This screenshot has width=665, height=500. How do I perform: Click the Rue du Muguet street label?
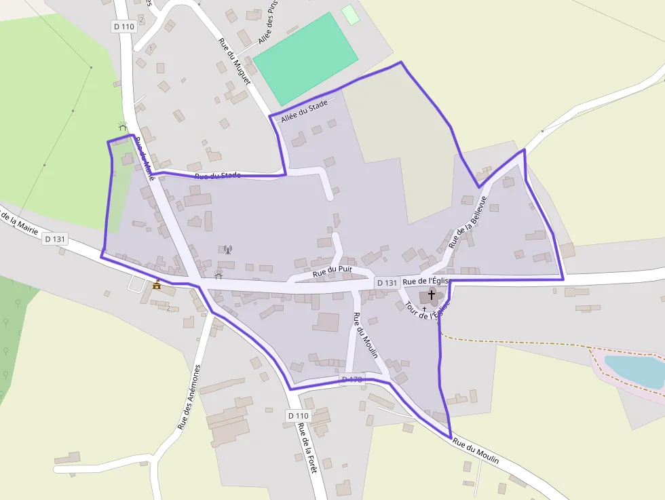[x=234, y=61]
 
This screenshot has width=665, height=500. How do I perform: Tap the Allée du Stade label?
[x=304, y=111]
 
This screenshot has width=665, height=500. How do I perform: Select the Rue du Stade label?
[x=218, y=176]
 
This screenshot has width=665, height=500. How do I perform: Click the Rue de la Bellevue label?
[x=468, y=222]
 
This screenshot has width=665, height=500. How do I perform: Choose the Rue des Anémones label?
[x=189, y=397]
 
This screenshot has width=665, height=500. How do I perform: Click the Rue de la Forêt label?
[x=307, y=451]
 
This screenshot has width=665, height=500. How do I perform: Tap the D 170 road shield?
[x=353, y=380]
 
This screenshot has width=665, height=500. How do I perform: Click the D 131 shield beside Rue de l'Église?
[x=386, y=282]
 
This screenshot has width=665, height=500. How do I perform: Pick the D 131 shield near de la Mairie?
[x=56, y=239]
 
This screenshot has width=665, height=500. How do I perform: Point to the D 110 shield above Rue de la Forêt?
[x=298, y=415]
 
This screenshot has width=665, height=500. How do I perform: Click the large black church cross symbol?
[x=431, y=296]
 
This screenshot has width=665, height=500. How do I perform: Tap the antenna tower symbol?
[x=228, y=250]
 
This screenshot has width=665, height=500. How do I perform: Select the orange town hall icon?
[x=157, y=285]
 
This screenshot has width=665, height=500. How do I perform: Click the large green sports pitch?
[x=305, y=58]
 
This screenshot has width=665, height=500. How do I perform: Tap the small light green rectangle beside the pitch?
[x=350, y=14]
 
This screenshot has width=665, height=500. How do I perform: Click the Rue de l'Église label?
[x=426, y=282]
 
